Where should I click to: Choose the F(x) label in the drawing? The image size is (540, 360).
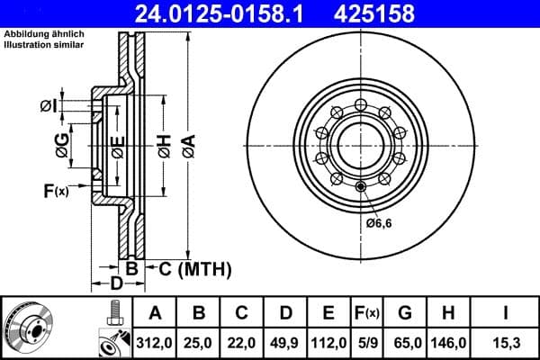(x=56, y=190)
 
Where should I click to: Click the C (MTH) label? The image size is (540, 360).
(x=189, y=268)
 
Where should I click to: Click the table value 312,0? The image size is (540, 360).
(x=155, y=343)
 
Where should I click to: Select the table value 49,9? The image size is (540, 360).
(x=285, y=343)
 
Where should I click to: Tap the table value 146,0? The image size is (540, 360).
(x=447, y=343)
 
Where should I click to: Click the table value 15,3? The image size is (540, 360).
(x=505, y=343)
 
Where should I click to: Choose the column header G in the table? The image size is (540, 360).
(x=405, y=313)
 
